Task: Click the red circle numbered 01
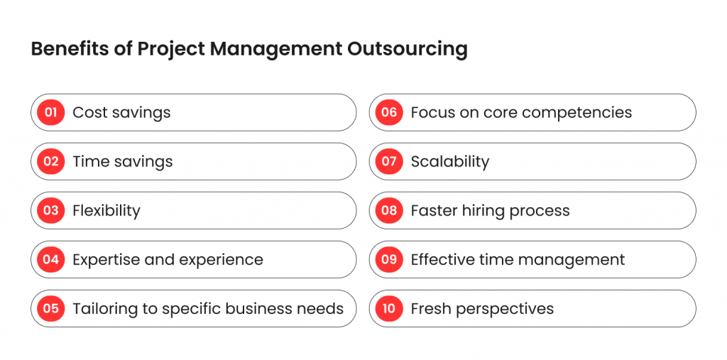pyautogui.click(x=51, y=112)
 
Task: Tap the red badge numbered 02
pyautogui.click(x=51, y=161)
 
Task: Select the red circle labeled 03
pyautogui.click(x=51, y=211)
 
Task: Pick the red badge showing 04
pyautogui.click(x=51, y=259)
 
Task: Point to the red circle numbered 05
pyautogui.click(x=51, y=308)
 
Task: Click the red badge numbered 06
pyautogui.click(x=389, y=112)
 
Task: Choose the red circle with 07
pyautogui.click(x=389, y=161)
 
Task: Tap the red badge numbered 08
pyautogui.click(x=389, y=211)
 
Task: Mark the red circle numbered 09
pyautogui.click(x=389, y=259)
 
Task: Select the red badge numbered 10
pyautogui.click(x=389, y=308)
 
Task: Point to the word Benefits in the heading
pyautogui.click(x=71, y=49)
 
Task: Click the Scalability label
pyautogui.click(x=450, y=162)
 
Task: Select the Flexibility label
pyautogui.click(x=106, y=211)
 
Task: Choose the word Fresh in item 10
pyautogui.click(x=428, y=308)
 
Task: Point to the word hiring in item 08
pyautogui.click(x=483, y=211)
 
